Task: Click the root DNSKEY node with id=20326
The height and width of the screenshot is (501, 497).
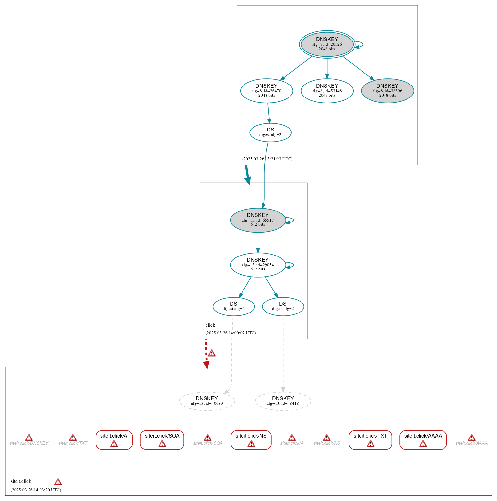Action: click(x=327, y=44)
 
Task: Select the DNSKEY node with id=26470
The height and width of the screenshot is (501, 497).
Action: click(x=266, y=91)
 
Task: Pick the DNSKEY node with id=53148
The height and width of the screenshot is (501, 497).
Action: click(x=327, y=91)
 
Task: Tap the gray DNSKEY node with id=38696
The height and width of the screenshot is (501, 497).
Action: click(x=387, y=91)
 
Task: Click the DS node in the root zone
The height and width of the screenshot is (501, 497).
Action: click(x=270, y=132)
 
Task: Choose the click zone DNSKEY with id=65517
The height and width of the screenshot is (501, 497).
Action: click(x=258, y=220)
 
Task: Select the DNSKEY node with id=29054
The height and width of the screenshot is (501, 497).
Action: click(x=258, y=265)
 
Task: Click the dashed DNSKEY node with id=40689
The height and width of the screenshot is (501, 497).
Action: click(x=207, y=401)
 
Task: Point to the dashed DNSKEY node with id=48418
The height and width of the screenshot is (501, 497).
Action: click(x=283, y=401)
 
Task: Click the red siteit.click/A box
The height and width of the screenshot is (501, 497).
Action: click(x=114, y=439)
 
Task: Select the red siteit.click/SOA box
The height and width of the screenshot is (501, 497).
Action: click(x=162, y=439)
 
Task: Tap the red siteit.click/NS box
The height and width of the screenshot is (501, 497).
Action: click(x=251, y=439)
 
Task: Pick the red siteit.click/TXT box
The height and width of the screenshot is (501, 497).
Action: click(x=370, y=439)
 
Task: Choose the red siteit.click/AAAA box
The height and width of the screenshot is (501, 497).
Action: click(x=423, y=439)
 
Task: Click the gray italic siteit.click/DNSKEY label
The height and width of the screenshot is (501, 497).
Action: click(x=29, y=443)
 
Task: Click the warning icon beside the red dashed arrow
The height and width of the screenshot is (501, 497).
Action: click(x=212, y=353)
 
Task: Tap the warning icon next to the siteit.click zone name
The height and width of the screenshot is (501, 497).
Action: click(x=58, y=482)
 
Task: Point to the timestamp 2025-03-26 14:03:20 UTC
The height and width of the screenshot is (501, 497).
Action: click(x=36, y=490)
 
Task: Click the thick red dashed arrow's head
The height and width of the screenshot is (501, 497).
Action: click(x=206, y=365)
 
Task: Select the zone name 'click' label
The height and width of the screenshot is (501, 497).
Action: click(x=210, y=325)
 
